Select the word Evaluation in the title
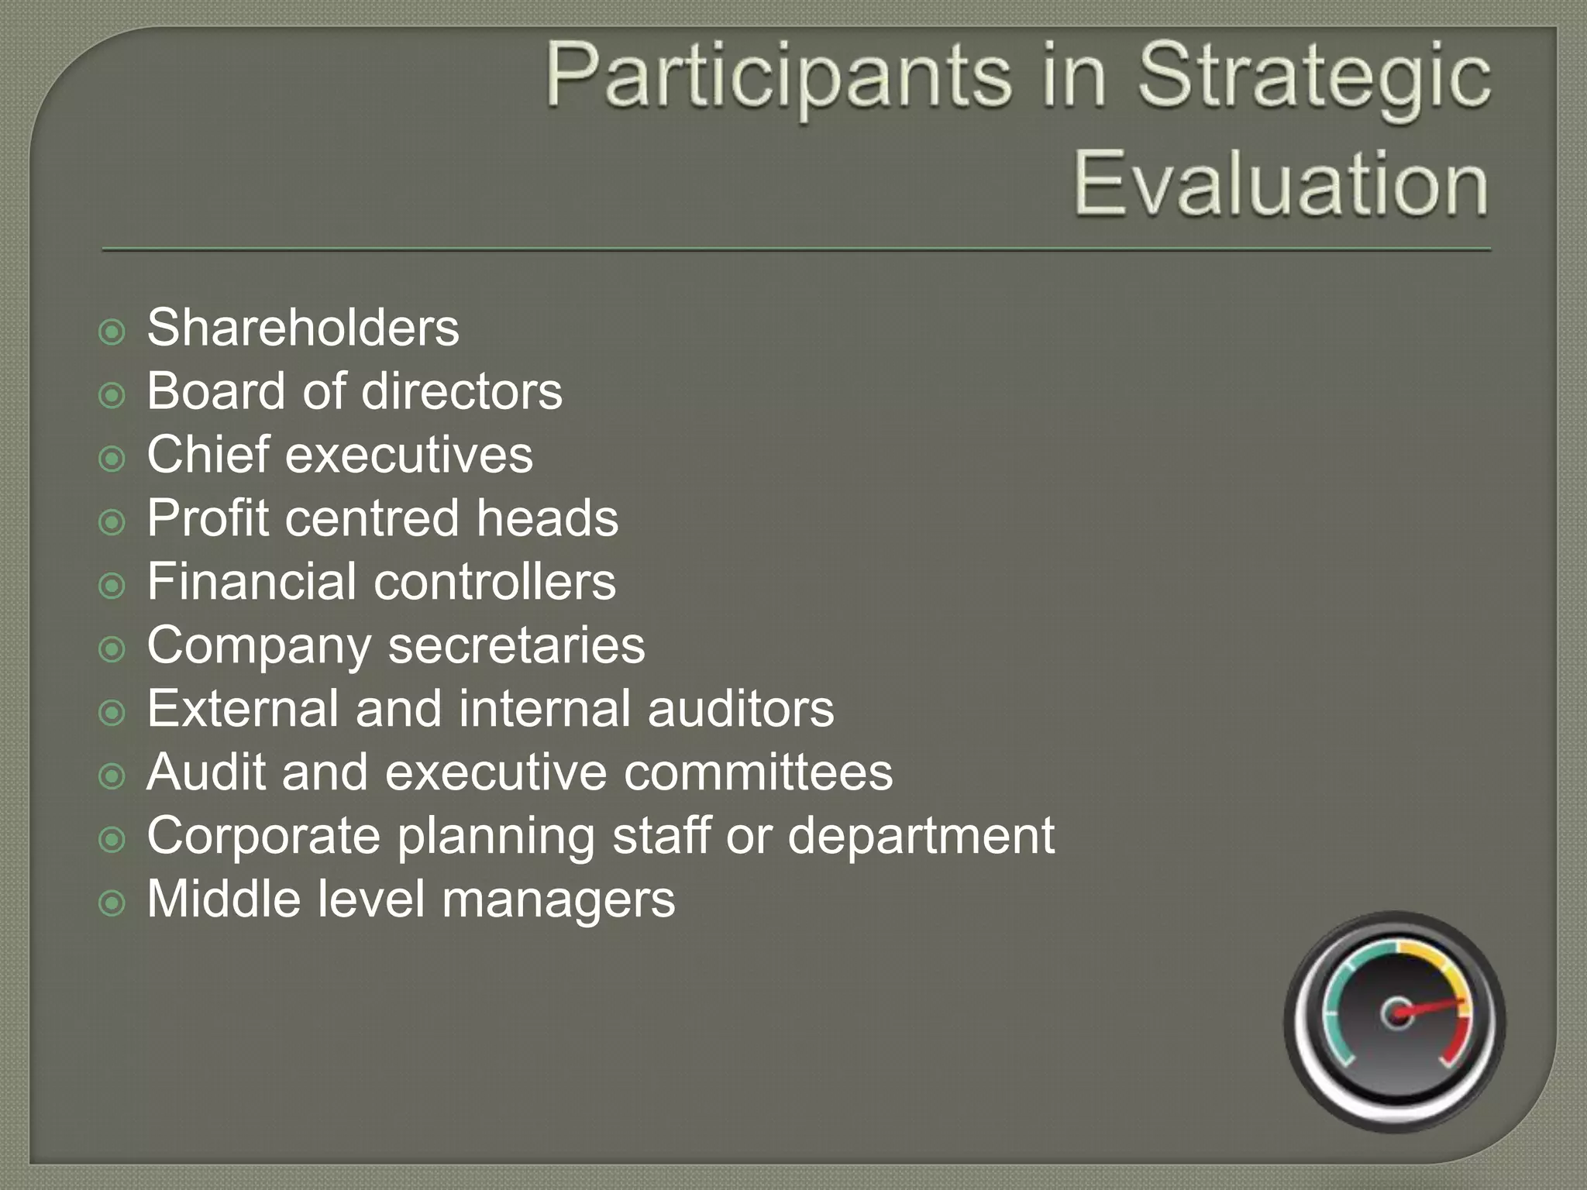click(x=1280, y=184)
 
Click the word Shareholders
click(x=303, y=328)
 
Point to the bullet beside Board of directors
click(x=112, y=396)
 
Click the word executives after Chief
click(x=409, y=455)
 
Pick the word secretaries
click(x=516, y=645)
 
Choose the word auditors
click(x=741, y=709)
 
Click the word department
click(x=921, y=837)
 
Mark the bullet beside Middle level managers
click(x=112, y=903)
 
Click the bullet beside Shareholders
click(x=112, y=332)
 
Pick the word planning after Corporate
click(x=495, y=837)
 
